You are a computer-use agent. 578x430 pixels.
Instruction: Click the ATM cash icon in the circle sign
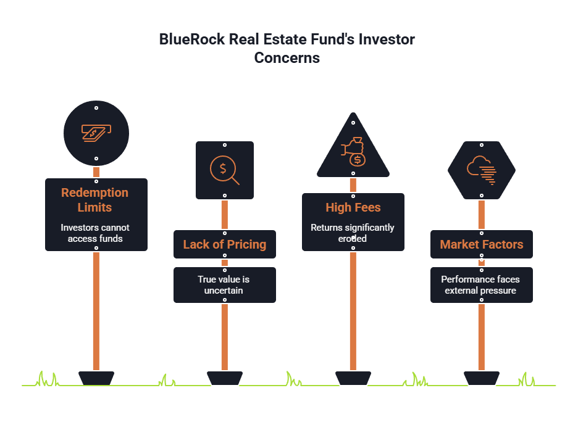point(96,133)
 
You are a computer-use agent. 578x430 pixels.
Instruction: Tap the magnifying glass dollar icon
point(224,170)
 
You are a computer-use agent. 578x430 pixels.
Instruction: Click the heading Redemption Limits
point(95,200)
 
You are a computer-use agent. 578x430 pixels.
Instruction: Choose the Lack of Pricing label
point(225,244)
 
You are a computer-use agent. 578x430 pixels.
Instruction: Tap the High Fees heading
point(353,207)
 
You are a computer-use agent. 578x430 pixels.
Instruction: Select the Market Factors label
point(482,244)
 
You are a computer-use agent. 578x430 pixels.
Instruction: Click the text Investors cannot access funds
point(95,233)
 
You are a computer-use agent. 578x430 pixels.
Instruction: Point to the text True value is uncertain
point(224,285)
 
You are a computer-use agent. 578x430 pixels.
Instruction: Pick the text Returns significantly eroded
point(353,233)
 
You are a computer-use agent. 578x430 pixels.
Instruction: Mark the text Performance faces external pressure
point(480,285)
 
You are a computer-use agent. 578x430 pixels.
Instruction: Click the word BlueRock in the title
point(191,39)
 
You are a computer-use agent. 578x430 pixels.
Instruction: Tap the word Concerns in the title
point(287,59)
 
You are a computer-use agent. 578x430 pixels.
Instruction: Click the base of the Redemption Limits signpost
point(96,377)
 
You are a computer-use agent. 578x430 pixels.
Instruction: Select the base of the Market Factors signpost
point(482,377)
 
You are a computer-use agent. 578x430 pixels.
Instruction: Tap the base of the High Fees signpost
point(353,377)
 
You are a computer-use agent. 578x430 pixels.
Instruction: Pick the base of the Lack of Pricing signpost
point(224,377)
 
